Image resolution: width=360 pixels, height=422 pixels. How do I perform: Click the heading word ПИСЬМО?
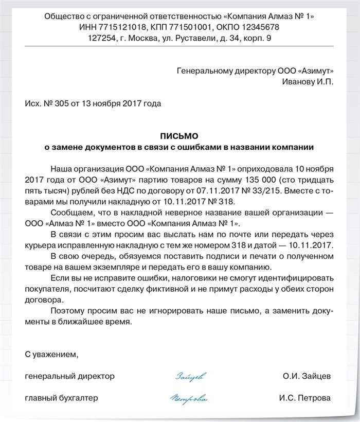[180, 136]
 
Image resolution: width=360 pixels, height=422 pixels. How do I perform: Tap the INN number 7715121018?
[120, 27]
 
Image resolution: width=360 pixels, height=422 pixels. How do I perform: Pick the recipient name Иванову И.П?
[308, 82]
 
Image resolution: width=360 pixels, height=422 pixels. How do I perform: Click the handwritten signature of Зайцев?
[192, 377]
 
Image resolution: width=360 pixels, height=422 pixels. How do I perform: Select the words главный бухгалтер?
[61, 398]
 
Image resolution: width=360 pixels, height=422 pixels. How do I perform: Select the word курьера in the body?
[41, 244]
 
